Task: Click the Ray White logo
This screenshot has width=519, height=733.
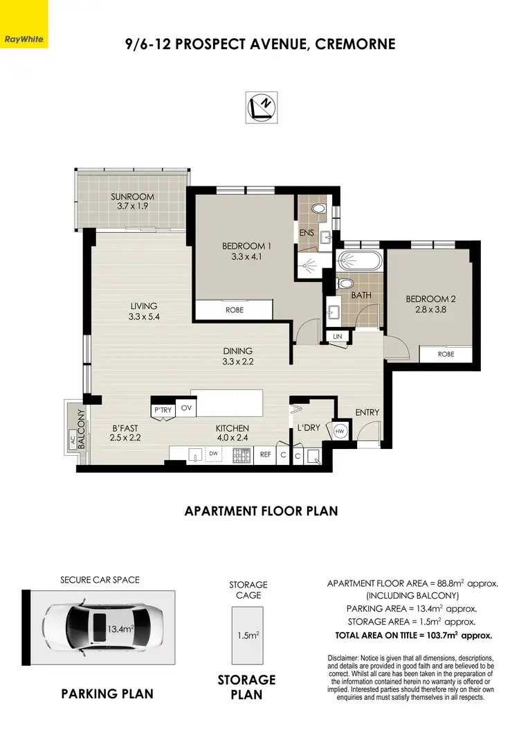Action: tap(23, 24)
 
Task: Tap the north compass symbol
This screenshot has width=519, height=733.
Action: tap(262, 107)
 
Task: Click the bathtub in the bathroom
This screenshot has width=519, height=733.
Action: tap(358, 263)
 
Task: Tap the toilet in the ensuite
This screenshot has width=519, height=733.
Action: tap(319, 209)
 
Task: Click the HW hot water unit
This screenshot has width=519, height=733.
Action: tap(340, 431)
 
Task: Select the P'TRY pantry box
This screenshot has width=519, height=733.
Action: tap(163, 409)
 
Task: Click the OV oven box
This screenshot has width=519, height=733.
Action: tap(186, 409)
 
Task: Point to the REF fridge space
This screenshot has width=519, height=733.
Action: tap(265, 455)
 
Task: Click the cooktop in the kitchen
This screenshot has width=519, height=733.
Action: tap(242, 455)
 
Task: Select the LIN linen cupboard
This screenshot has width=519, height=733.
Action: tap(338, 337)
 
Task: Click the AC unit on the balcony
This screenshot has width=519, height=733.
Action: tap(71, 439)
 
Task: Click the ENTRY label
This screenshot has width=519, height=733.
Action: tap(367, 413)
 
